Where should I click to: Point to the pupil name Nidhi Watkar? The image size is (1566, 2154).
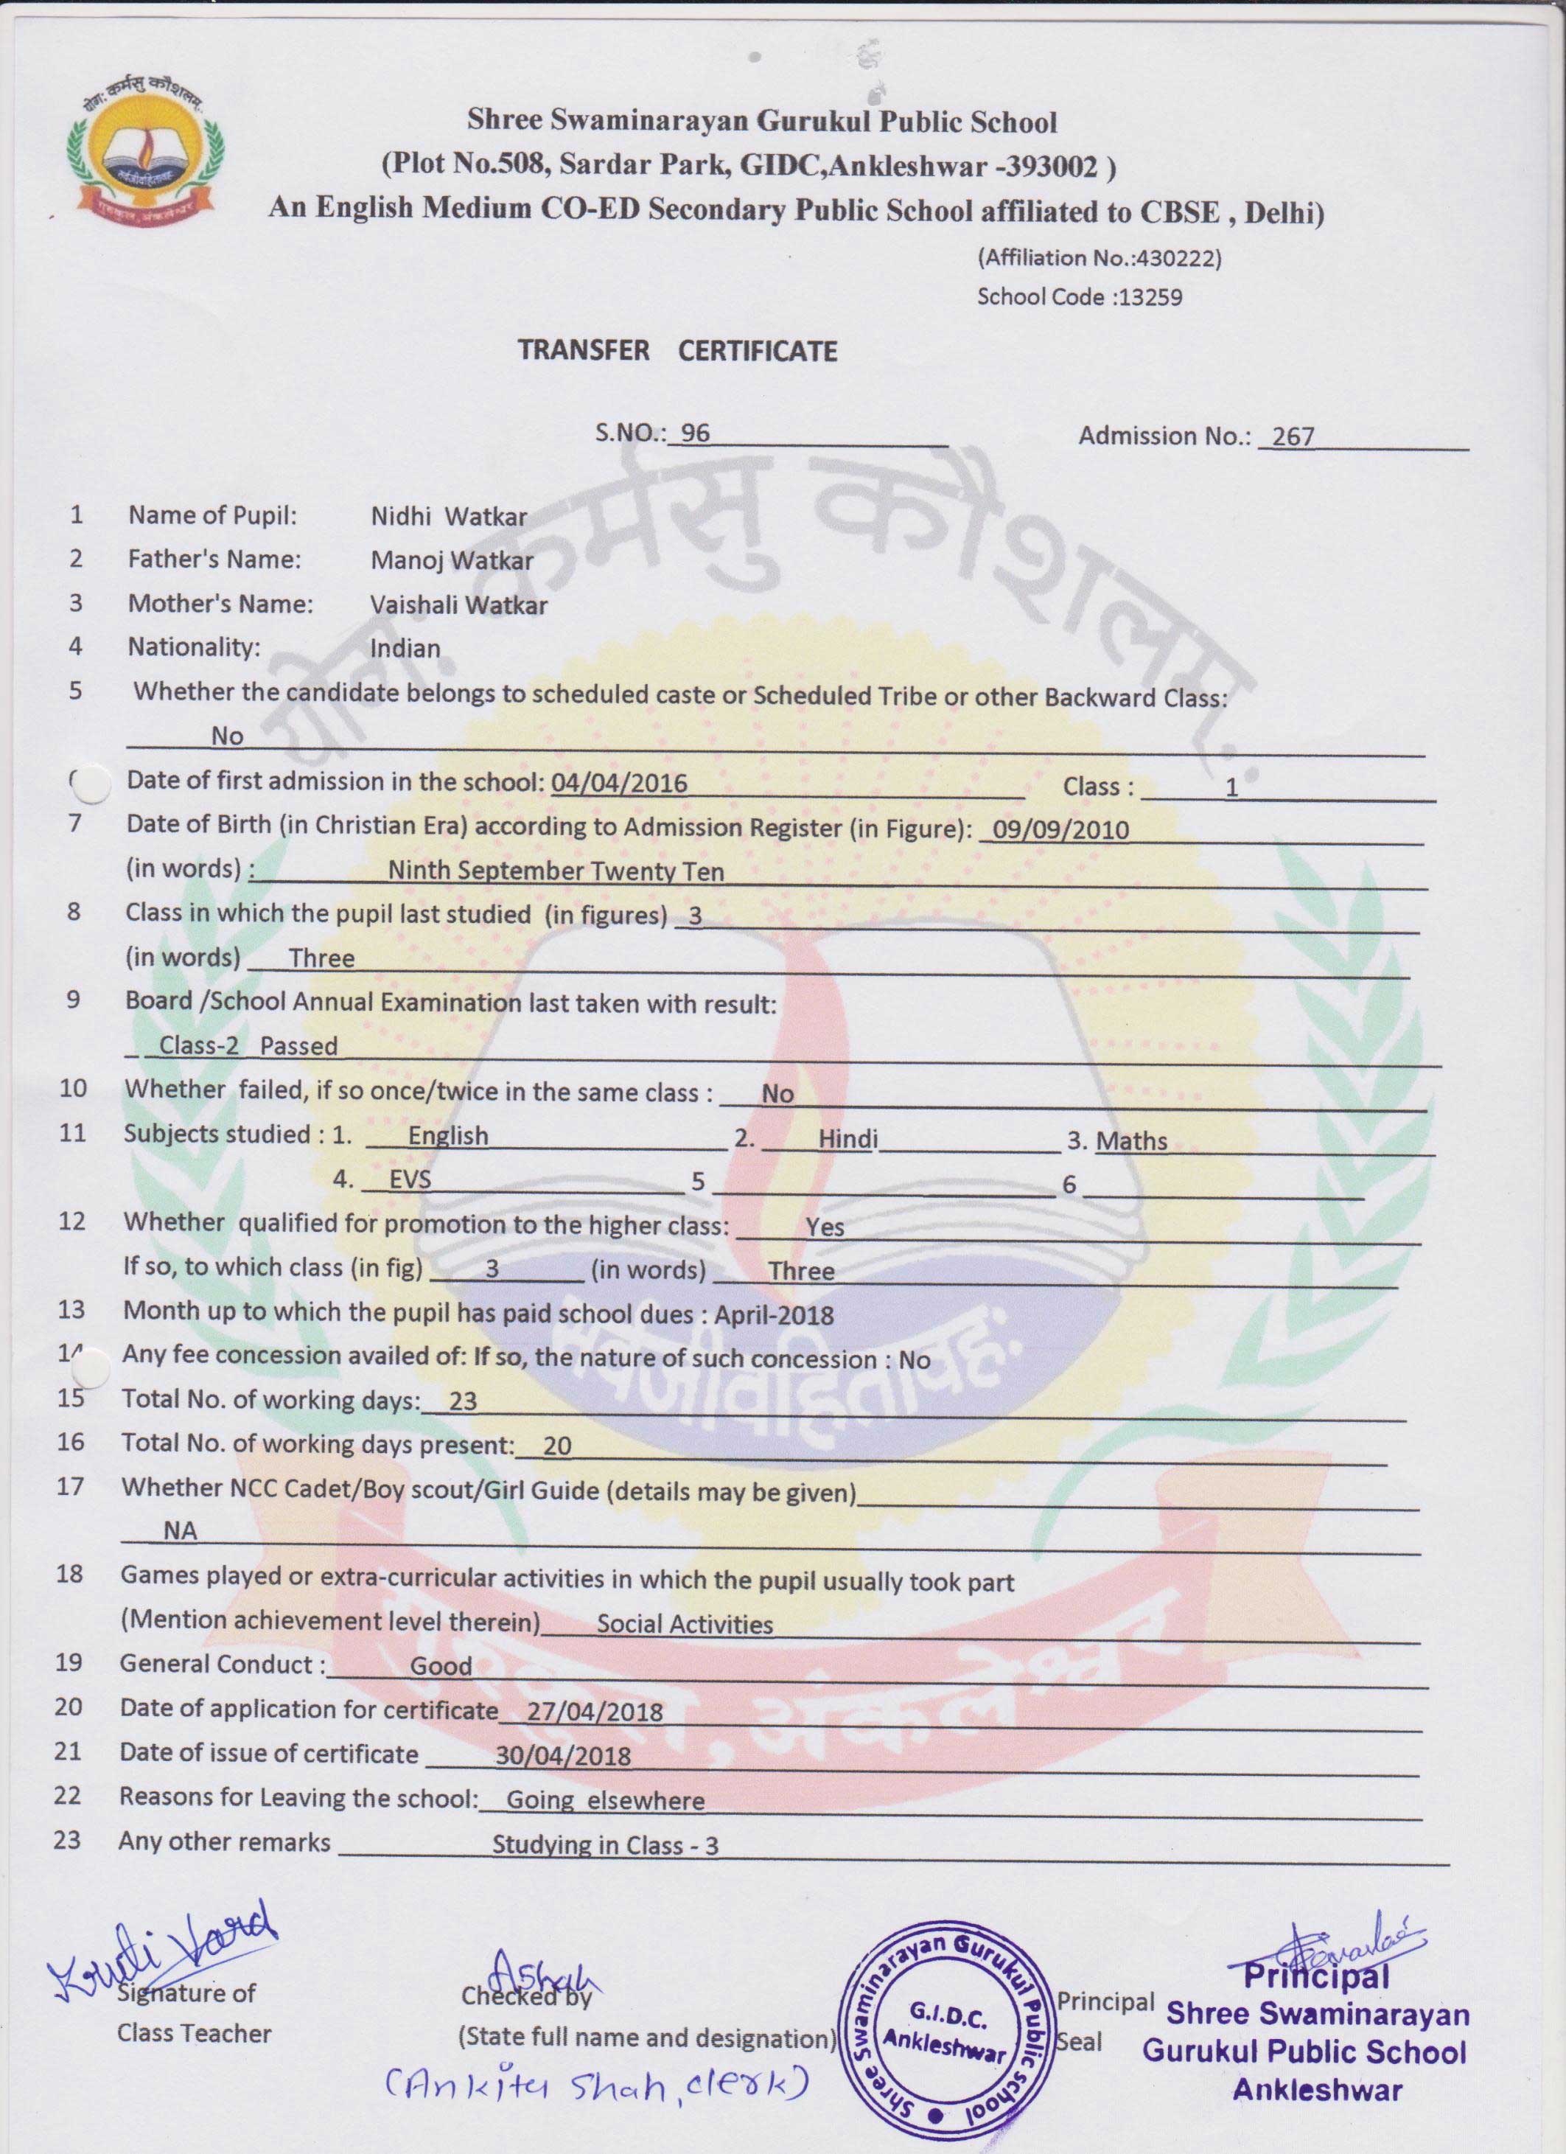point(448,517)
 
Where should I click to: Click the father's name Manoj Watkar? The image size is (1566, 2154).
point(451,560)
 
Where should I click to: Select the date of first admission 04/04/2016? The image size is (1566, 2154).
point(618,783)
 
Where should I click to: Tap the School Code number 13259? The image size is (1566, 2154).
point(1150,297)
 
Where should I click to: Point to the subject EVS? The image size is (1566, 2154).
point(410,1179)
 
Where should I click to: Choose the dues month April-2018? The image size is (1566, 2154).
point(774,1315)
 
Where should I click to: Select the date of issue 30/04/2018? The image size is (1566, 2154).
point(563,1755)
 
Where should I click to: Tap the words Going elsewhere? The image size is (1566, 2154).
point(605,1799)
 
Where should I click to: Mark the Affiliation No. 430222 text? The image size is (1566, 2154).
point(1099,257)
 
